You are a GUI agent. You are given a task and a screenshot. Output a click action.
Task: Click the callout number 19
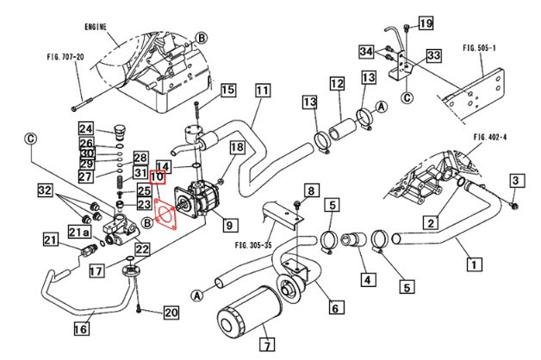pos(425,23)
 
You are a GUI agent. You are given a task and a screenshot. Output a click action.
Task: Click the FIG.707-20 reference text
pos(65,57)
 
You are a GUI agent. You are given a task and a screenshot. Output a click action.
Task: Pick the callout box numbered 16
pos(81,328)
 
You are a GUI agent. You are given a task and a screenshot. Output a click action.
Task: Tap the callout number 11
pos(263,90)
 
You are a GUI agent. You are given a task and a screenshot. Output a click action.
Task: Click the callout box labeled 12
pos(336,84)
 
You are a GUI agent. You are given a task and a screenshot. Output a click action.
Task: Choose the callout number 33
pos(433,56)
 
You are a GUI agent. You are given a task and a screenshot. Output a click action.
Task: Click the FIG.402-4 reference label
pos(491,137)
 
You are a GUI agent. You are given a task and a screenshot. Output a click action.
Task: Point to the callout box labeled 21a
pos(79,233)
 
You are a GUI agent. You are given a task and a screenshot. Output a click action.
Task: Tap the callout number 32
pos(46,189)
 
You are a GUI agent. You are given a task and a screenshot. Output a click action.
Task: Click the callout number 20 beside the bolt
pos(170,313)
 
